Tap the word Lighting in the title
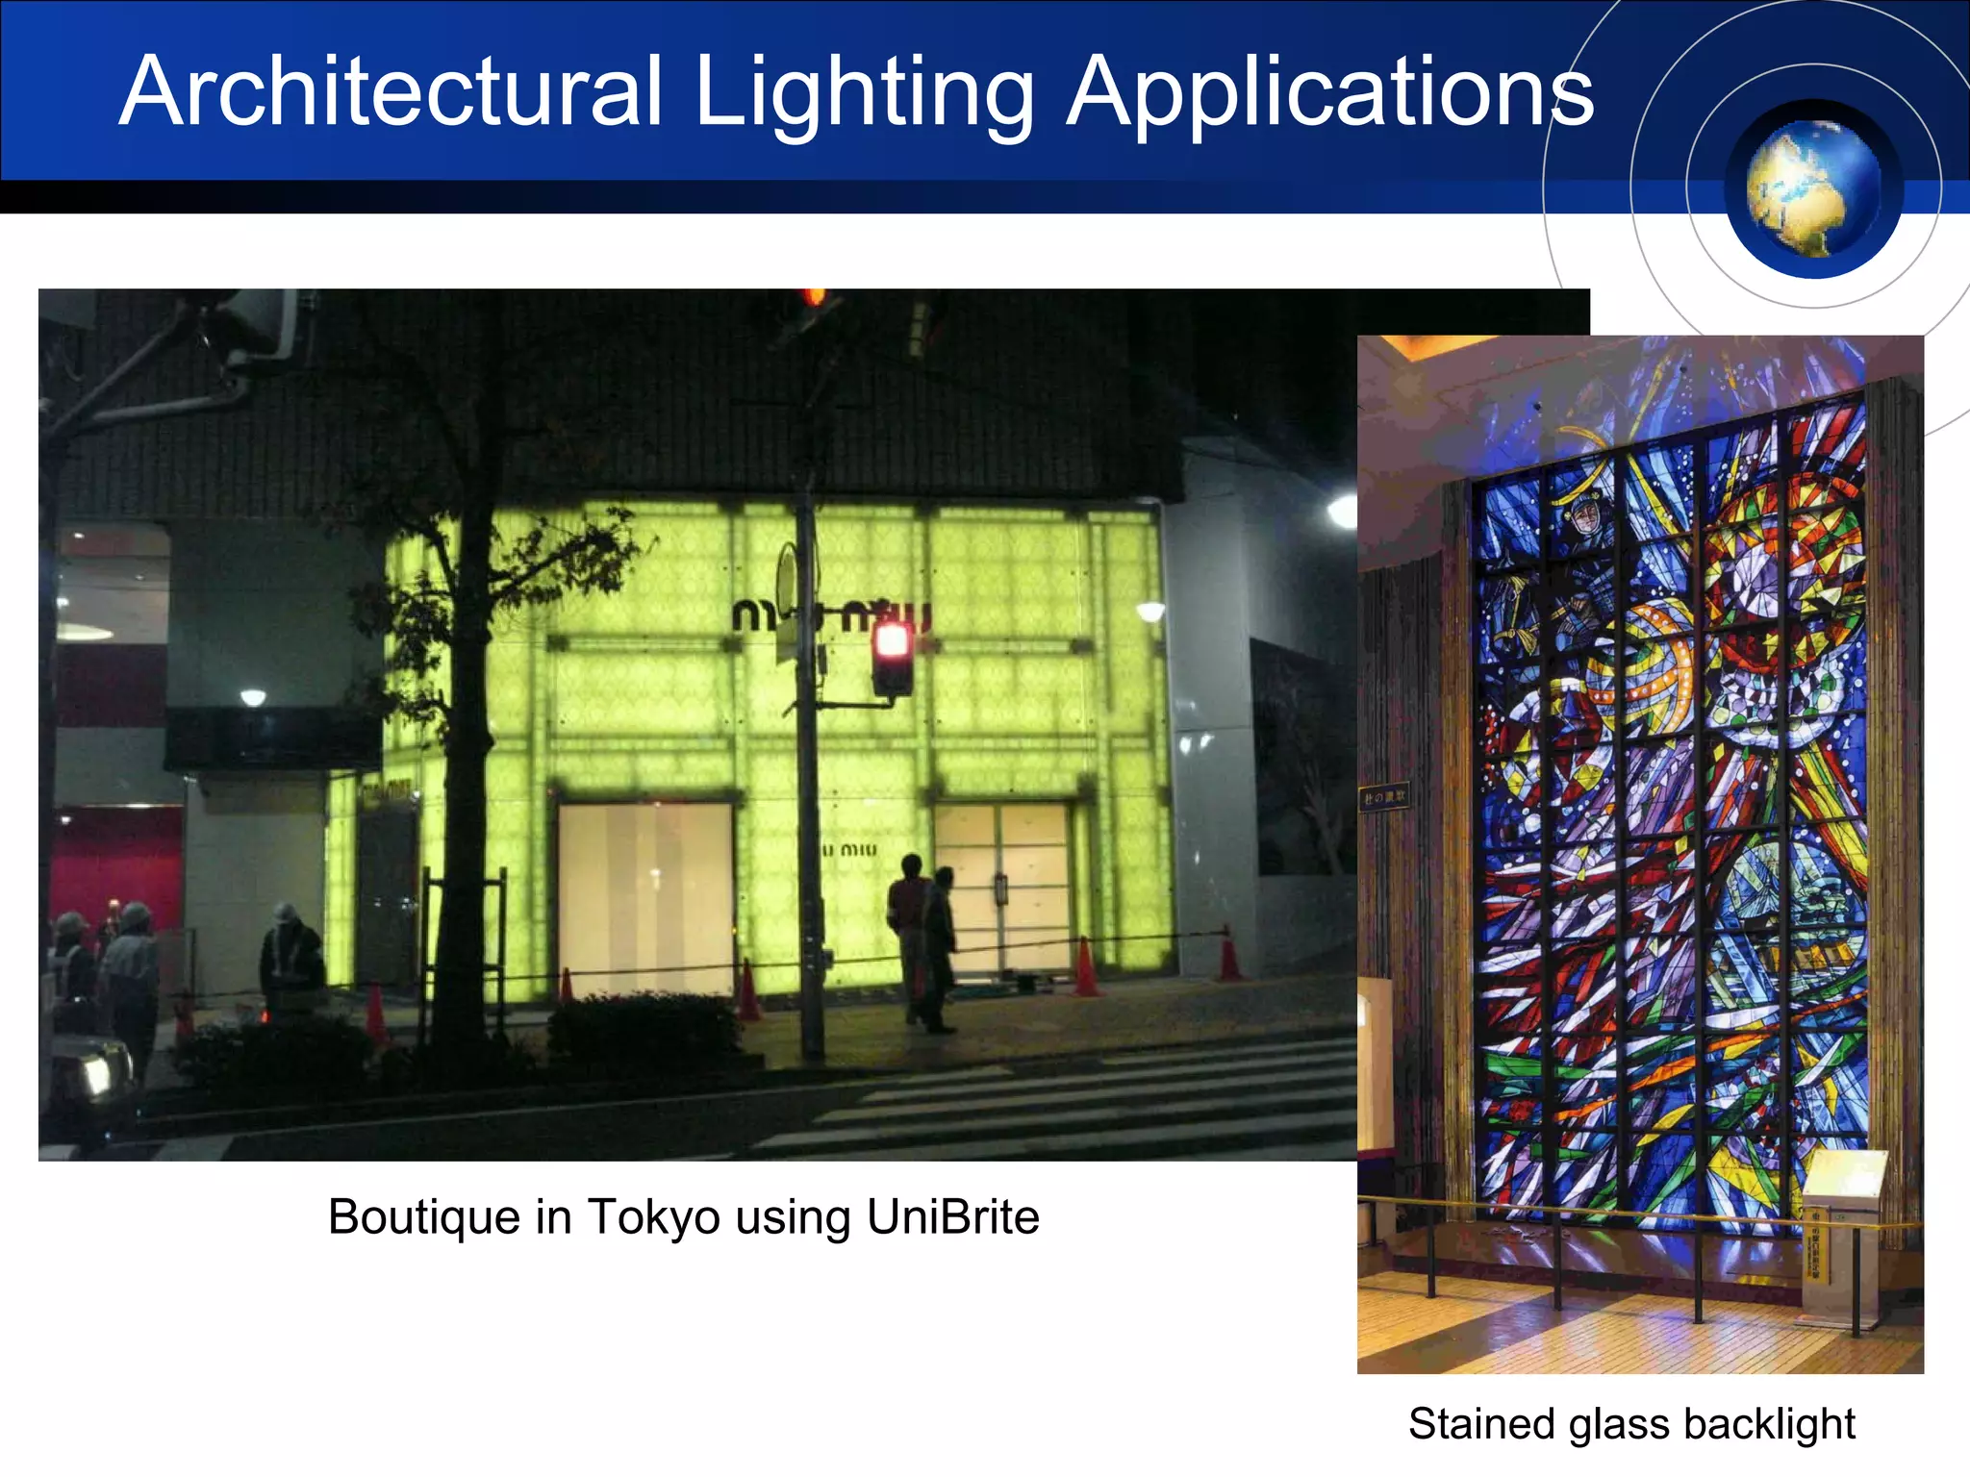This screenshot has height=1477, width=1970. [863, 93]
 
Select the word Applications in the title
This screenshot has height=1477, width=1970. [1329, 93]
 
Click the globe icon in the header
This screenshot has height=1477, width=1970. [1812, 189]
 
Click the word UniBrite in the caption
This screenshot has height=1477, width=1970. [952, 1216]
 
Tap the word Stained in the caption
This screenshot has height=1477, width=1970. [1481, 1424]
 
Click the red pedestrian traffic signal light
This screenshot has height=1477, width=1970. [892, 642]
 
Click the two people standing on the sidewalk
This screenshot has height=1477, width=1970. [923, 938]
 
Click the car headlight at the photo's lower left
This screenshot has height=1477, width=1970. [97, 1074]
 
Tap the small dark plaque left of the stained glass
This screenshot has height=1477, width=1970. [1384, 796]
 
